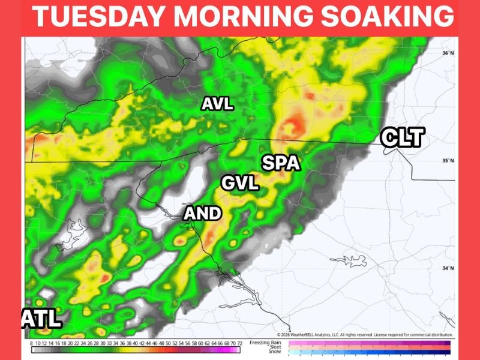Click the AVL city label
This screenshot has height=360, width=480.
tap(217, 104)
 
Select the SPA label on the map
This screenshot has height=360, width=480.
tap(280, 163)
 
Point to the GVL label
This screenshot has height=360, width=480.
tap(240, 183)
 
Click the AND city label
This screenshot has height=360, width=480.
tap(202, 213)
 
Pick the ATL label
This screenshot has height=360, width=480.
tap(42, 318)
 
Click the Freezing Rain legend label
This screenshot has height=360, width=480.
tap(268, 342)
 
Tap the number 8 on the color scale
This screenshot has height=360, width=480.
tap(31, 344)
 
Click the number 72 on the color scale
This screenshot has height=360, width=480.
tap(239, 344)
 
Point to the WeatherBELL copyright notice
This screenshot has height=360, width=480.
tap(365, 334)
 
